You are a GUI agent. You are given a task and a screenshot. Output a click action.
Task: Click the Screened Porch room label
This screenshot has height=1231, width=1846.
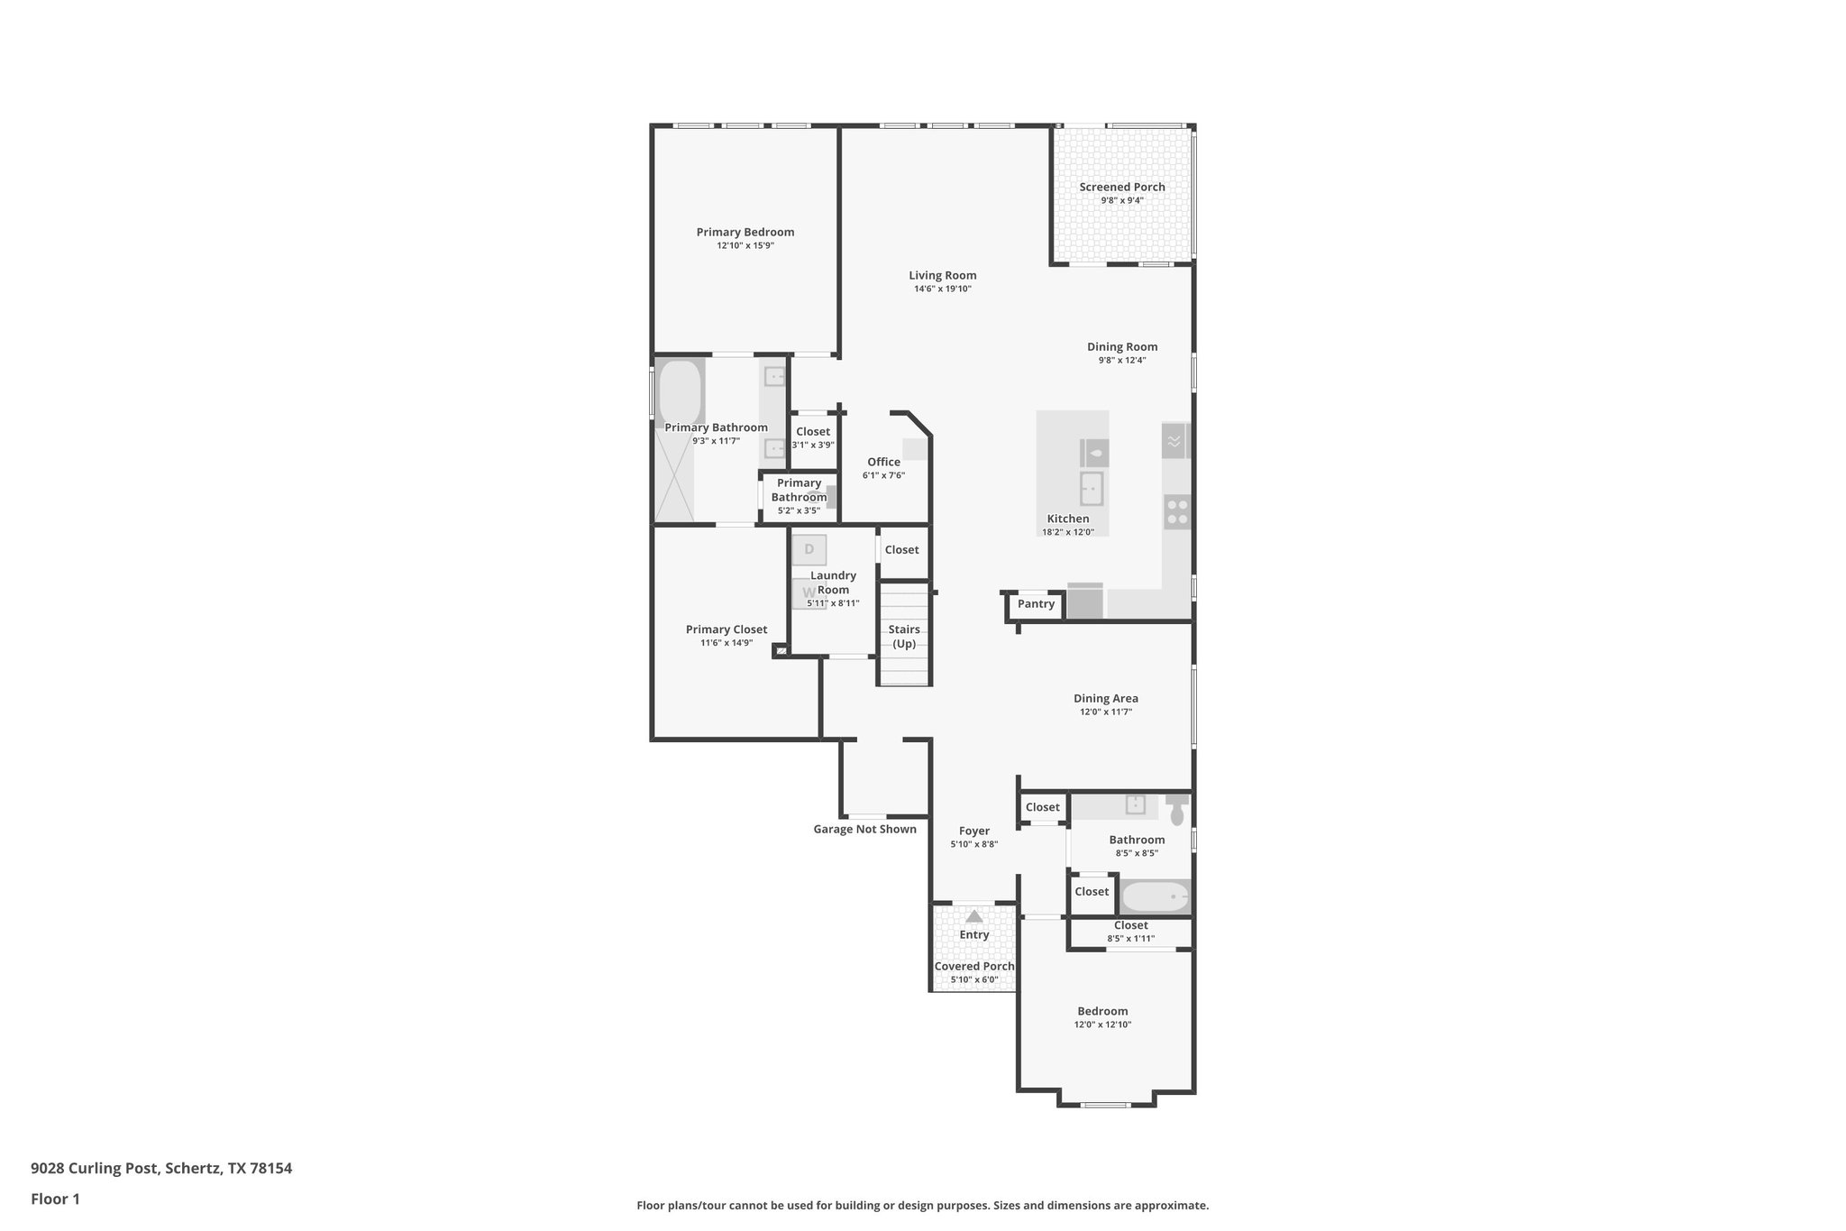point(1121,188)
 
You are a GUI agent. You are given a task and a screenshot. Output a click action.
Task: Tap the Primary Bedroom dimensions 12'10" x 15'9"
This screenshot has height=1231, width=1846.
point(745,245)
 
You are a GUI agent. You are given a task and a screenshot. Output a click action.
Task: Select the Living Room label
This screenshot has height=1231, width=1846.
point(942,276)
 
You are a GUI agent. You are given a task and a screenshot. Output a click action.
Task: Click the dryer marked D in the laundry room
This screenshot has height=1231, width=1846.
point(809,549)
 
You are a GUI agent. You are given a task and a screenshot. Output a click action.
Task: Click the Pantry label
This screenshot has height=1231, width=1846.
point(1036,604)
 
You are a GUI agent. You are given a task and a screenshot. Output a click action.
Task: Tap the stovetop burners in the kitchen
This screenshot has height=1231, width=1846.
point(1177,511)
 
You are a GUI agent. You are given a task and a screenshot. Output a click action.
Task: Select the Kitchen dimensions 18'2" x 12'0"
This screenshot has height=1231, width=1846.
point(1067,532)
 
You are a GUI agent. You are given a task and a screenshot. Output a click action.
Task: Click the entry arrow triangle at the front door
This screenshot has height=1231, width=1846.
point(973,916)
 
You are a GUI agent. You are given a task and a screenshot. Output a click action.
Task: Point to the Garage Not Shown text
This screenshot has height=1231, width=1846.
point(864,830)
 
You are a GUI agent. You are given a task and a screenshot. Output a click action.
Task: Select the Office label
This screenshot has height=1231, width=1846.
point(883,462)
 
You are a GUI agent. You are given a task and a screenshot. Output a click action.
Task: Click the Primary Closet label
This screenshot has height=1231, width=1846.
point(727,629)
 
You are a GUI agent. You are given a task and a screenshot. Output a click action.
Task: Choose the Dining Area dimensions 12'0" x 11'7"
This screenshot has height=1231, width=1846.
point(1105,712)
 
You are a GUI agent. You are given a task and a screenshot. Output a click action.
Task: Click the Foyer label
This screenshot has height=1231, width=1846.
point(973,831)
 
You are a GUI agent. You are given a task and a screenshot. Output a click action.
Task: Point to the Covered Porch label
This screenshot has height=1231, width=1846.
point(973,967)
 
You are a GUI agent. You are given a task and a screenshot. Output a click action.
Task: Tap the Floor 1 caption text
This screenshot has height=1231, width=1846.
point(55,1199)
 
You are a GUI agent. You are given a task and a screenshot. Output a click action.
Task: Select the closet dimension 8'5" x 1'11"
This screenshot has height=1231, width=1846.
point(1130,939)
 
